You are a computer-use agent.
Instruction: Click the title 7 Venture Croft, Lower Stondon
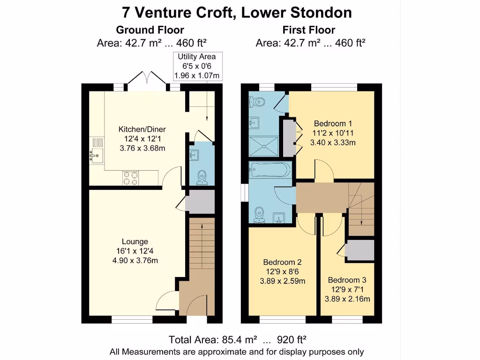coord(237,12)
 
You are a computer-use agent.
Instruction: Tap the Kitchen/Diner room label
coord(142,129)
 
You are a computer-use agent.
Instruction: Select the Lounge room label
coord(135,242)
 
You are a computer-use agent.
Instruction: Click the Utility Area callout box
coord(197,66)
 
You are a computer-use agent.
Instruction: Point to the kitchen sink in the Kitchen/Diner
coord(97,155)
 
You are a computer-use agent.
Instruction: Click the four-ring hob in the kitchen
coord(131,178)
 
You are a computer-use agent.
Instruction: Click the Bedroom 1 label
coord(330,123)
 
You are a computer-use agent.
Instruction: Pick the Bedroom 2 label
coord(282,262)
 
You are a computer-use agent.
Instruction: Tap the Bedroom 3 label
coord(347,280)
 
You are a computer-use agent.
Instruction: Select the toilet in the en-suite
coord(257,100)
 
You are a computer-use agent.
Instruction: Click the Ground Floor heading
coord(150,30)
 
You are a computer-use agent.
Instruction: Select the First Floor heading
coord(309,30)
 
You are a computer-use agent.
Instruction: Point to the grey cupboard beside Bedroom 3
coord(360,250)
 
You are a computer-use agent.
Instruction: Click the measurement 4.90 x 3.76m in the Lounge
coord(135,261)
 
